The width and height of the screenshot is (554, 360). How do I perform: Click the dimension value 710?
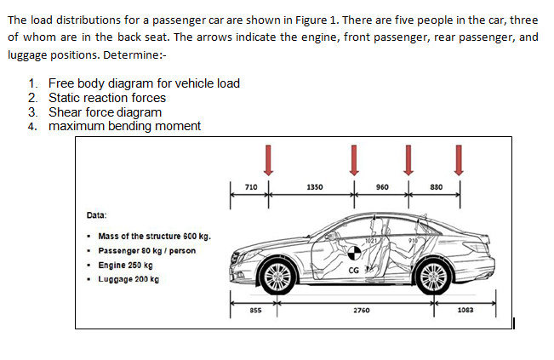click(250, 186)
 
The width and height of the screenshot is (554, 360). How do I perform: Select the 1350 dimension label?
click(313, 186)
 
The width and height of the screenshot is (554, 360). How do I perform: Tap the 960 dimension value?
click(382, 186)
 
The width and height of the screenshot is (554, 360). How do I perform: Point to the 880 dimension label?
click(435, 186)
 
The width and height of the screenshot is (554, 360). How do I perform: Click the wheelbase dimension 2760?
click(361, 311)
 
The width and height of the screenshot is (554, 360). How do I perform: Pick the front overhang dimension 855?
click(254, 311)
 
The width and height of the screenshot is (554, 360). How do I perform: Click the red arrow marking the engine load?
click(269, 157)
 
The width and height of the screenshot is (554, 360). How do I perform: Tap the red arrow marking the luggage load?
click(460, 157)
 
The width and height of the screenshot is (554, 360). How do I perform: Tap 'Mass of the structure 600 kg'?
click(154, 237)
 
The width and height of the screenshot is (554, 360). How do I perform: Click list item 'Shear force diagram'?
click(105, 112)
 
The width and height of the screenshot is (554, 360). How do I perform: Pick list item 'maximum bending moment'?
click(124, 126)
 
